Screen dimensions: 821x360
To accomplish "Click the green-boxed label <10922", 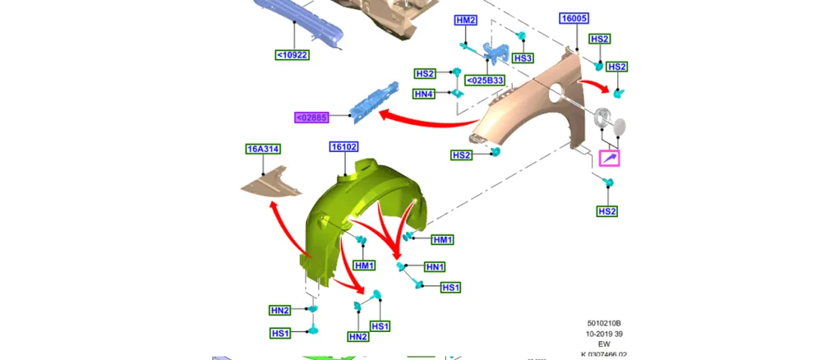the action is tap(293, 54).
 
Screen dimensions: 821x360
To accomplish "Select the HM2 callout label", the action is tap(465, 21).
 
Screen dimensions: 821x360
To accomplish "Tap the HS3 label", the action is tap(523, 58).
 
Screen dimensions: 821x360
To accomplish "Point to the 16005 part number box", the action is tap(574, 18).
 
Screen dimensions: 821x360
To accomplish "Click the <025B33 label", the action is tap(486, 81).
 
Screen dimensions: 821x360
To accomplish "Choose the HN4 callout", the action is tap(424, 95).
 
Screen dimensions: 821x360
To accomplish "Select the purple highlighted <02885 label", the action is tap(311, 118).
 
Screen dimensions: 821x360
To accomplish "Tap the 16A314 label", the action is tap(262, 150).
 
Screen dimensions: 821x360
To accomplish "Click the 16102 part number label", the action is tap(344, 147).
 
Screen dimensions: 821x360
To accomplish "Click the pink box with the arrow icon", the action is tap(610, 159).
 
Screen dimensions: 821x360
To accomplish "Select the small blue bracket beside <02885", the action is tap(376, 102).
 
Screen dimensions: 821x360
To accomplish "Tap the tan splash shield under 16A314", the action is tap(272, 183).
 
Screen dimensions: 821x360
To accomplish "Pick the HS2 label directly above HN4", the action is tap(425, 74).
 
